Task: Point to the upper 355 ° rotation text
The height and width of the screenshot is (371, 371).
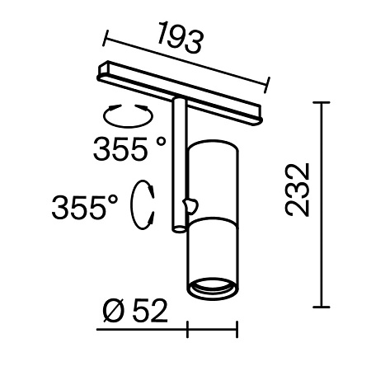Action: pos(129,149)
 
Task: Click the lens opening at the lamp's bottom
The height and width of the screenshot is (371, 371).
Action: pos(212,288)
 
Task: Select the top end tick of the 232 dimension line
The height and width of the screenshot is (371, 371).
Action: pos(320,103)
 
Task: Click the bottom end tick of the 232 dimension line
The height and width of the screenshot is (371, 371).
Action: pos(320,304)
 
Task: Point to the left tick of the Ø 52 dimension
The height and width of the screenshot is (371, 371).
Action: pos(189,331)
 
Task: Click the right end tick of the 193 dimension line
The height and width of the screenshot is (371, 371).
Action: pos(269,82)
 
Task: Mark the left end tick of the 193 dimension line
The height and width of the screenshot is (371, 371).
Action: pos(105,36)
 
